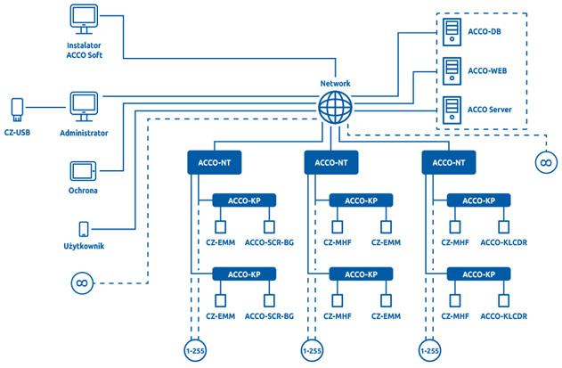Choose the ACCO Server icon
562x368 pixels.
point(451,110)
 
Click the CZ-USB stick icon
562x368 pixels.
point(15,109)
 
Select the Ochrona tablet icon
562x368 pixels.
point(84,169)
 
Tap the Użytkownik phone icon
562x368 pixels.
point(84,229)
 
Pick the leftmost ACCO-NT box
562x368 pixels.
point(215,162)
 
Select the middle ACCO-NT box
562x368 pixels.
point(331,162)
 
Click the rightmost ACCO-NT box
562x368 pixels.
point(448,162)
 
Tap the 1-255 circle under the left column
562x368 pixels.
point(194,351)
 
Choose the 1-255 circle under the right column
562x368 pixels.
point(429,351)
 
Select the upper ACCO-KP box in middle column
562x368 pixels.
point(361,201)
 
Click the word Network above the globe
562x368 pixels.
point(336,84)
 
